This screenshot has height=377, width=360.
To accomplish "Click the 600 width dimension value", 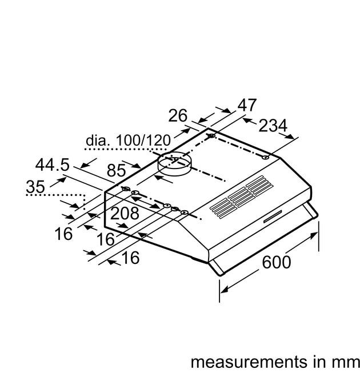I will tap(277, 262).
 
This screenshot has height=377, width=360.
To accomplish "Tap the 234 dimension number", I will tap(272, 126).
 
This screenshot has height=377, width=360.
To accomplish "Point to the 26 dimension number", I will tap(178, 115).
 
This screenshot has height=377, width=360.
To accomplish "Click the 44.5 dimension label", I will tap(52, 165).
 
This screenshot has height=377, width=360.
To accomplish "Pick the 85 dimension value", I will tap(117, 170).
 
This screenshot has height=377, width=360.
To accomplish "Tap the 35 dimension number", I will tap(35, 186).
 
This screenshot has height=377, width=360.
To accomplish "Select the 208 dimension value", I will tap(125, 213).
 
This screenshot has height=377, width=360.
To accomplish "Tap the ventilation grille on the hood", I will tap(241, 195).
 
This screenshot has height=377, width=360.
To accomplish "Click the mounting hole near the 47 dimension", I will tap(212, 136).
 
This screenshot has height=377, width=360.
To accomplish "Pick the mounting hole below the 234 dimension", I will tap(266, 156).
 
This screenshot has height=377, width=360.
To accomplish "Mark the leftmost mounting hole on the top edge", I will tap(125, 189).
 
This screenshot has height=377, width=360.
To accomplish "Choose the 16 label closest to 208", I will tap(105, 239).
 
